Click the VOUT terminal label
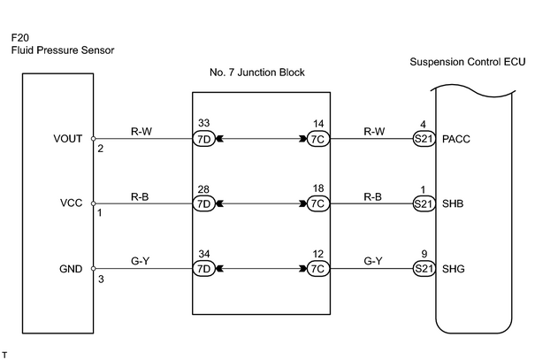click(68, 139)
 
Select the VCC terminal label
click(72, 203)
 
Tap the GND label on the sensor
click(71, 269)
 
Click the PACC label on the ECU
click(456, 139)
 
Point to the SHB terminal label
click(453, 203)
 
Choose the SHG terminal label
click(454, 269)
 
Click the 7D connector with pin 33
click(204, 139)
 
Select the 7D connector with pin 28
click(204, 203)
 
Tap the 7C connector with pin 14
click(318, 139)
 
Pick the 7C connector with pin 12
click(318, 269)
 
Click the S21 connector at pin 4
click(424, 139)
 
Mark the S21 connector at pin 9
click(424, 269)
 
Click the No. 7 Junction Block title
click(257, 73)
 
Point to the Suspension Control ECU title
click(468, 62)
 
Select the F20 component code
click(20, 37)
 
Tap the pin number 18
click(318, 188)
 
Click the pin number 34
click(204, 254)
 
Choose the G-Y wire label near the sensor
click(141, 261)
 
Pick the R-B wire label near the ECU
click(373, 197)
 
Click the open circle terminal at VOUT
click(93, 139)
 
